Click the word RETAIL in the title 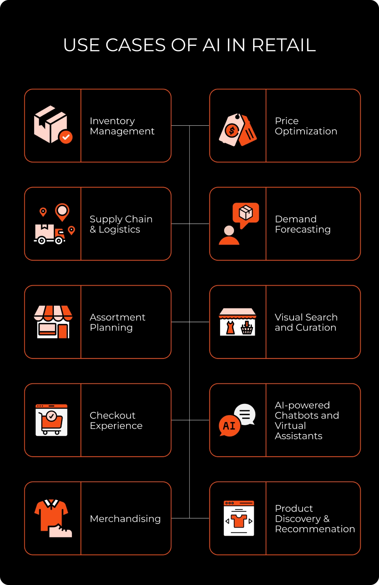(x=284, y=45)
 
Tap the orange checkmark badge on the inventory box (x=66, y=137)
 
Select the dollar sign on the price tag (x=232, y=130)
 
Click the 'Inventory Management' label (x=122, y=126)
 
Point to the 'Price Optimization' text (x=306, y=126)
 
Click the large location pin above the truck (x=62, y=211)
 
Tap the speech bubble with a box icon (x=246, y=213)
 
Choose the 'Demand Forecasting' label (x=303, y=224)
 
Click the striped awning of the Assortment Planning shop (x=53, y=313)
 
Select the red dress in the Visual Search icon (x=230, y=328)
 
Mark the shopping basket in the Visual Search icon (x=247, y=328)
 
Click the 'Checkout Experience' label (x=116, y=420)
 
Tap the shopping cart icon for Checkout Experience (x=52, y=421)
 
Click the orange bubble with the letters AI (x=229, y=426)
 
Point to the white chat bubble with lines (x=245, y=414)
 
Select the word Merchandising (x=125, y=519)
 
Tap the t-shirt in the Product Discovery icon (x=239, y=520)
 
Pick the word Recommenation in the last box (x=315, y=529)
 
